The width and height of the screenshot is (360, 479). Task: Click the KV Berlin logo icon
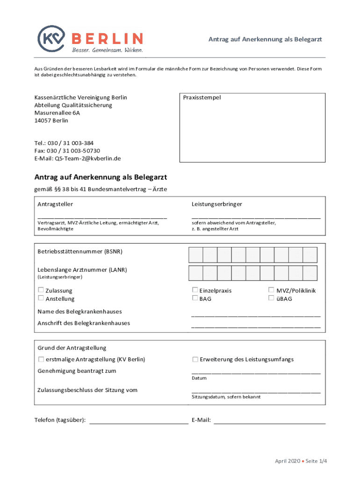coord(50,37)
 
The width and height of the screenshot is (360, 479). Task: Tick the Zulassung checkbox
coord(41,290)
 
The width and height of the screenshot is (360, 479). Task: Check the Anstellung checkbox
coord(41,298)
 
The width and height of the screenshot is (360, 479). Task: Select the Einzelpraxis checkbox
coord(195,290)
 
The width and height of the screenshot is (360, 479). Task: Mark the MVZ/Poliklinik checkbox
coord(271,290)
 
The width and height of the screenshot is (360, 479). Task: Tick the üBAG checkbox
coord(271,298)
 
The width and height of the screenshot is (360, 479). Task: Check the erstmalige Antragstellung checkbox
coord(41,359)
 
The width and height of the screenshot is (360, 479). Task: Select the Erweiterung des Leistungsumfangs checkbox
coord(195,359)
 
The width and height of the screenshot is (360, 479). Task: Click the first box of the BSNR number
coord(195,254)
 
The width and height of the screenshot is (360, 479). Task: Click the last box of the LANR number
coord(310,273)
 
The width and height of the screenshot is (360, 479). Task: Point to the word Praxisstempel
coord(202,98)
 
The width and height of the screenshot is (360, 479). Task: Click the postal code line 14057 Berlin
coord(51,120)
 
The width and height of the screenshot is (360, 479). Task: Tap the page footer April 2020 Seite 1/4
coord(301,461)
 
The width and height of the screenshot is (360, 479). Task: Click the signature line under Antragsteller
coord(102,218)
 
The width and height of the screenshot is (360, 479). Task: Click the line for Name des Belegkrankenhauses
coord(256,316)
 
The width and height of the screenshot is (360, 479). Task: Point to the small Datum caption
coord(199,378)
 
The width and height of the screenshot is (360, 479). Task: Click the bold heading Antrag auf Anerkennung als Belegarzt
coord(101,178)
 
